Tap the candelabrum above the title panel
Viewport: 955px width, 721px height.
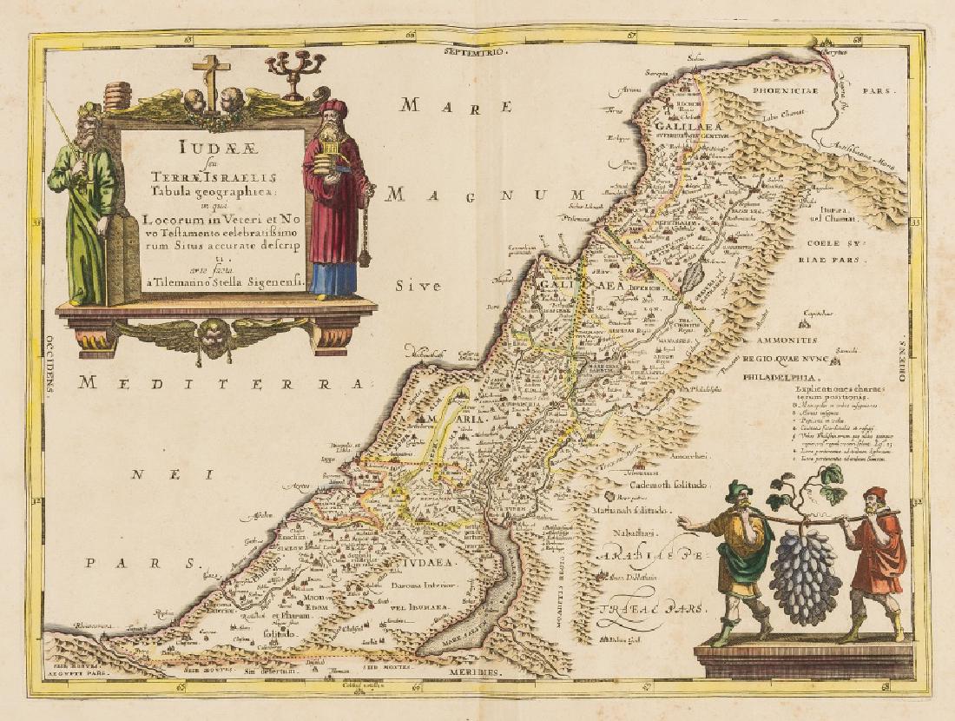point(294,69)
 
